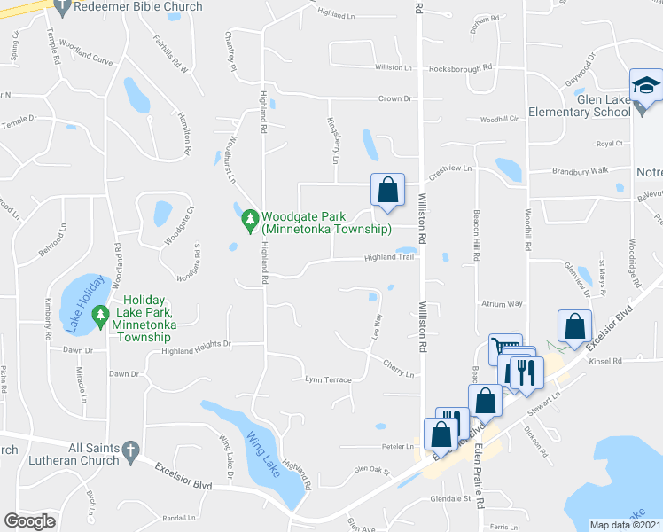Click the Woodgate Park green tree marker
pos(251,218)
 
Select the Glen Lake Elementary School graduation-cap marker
pos(643,87)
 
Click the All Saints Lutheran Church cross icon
pos(130,450)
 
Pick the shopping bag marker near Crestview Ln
pos(387,189)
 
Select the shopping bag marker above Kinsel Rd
pos(575,326)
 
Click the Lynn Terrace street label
pos(328,379)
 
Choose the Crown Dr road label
pos(396,99)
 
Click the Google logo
pos(30,521)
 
